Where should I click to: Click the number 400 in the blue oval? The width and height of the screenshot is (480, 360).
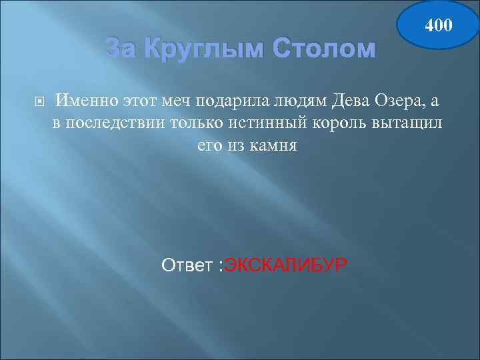pyautogui.click(x=438, y=26)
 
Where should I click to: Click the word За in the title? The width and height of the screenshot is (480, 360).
pyautogui.click(x=123, y=49)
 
